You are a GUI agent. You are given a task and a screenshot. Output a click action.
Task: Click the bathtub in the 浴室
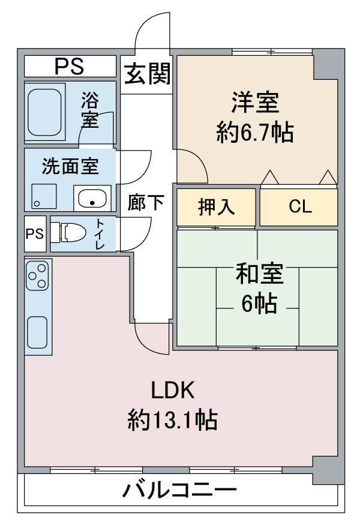tap(44, 112)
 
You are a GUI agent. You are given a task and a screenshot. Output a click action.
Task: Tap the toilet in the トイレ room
tap(68, 232)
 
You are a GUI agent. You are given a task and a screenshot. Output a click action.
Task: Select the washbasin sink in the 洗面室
tap(92, 199)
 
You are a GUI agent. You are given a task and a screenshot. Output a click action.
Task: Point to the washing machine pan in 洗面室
tap(44, 196)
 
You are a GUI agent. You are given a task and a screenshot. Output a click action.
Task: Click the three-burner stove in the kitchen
tap(38, 276)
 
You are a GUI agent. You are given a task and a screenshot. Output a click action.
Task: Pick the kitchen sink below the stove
tap(37, 332)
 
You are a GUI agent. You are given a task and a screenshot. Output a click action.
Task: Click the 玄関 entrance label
tap(147, 74)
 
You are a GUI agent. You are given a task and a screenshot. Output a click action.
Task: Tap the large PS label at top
tap(70, 67)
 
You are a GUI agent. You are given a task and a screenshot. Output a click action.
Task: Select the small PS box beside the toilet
tap(35, 233)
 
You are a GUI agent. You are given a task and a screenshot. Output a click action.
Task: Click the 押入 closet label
tap(216, 207)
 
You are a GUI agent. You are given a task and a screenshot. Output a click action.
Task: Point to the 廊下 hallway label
tap(146, 202)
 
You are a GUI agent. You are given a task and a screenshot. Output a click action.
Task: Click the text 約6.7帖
tap(254, 133)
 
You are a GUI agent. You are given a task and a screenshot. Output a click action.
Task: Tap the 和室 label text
tap(259, 274)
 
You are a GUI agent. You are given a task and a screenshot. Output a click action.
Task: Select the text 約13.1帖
tap(172, 419)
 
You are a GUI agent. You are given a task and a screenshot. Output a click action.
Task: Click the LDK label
tap(172, 390)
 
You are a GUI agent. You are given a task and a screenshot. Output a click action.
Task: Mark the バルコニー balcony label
tap(179, 490)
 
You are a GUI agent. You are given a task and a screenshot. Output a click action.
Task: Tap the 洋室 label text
tap(255, 103)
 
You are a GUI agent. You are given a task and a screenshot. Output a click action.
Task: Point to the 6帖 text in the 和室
tap(259, 304)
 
